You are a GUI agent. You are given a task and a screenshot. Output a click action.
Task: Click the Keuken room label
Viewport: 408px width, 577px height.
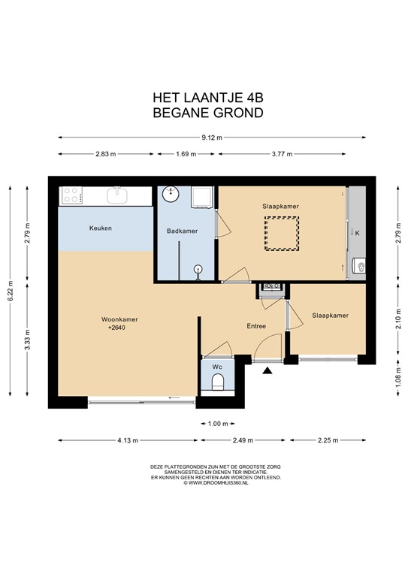[101, 228]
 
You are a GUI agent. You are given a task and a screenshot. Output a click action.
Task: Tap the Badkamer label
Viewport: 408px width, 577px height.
[182, 231]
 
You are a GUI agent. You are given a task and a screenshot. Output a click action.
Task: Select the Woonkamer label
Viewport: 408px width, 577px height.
[119, 319]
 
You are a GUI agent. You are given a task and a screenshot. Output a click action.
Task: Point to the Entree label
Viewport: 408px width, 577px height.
[256, 326]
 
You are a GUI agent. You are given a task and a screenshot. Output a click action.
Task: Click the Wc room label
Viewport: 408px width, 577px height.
[217, 367]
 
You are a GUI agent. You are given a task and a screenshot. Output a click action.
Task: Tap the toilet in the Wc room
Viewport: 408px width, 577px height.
[218, 382]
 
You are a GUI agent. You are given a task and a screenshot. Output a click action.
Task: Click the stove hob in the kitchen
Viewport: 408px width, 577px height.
[71, 195]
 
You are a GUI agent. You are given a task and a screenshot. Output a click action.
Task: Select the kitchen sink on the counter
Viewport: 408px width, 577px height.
[117, 195]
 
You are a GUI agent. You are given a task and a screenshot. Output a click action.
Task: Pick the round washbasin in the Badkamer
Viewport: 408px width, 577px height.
[171, 194]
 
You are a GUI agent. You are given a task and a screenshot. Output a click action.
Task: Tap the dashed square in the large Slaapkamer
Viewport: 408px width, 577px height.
[282, 234]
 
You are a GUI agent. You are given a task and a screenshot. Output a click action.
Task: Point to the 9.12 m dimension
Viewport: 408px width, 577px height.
[212, 137]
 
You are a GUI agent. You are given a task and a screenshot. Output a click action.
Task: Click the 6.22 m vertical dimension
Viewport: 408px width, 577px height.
[11, 291]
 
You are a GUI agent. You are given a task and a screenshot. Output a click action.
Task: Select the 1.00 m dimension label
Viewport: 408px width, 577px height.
[218, 424]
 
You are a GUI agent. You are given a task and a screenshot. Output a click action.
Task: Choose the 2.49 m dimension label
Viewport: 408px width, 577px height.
[243, 440]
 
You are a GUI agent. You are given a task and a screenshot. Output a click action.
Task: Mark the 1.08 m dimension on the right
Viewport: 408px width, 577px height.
[398, 377]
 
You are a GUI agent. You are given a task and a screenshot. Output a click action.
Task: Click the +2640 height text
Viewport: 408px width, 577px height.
[117, 328]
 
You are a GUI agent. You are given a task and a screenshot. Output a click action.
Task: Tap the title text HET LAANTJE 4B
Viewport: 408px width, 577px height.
[208, 98]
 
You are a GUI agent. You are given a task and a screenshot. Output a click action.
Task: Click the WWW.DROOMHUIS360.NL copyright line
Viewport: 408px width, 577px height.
[216, 483]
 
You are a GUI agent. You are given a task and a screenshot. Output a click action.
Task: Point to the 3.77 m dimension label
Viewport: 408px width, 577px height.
[283, 154]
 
